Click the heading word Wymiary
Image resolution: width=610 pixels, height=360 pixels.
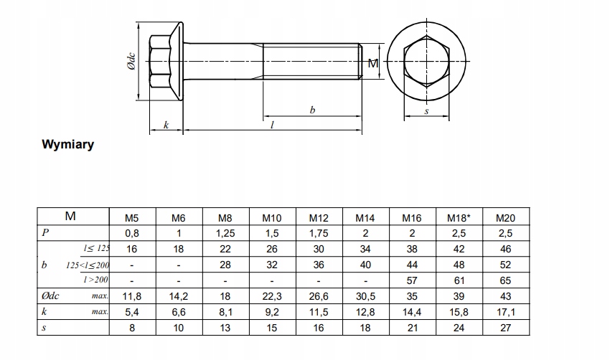pos(68,144)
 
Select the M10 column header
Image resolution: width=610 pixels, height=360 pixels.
pos(272,218)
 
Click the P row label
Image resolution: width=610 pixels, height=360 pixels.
pos(45,232)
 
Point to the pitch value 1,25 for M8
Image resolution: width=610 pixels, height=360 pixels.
pos(225,233)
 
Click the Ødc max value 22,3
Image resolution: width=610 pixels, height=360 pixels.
pos(272,296)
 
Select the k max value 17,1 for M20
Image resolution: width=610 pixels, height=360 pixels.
pos(505,312)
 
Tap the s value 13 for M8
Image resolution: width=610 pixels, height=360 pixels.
pos(225,328)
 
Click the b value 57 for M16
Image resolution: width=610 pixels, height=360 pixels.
pos(412,280)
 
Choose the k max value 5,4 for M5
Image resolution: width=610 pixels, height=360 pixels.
pos(132,312)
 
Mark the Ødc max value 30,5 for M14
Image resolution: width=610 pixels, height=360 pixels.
pos(365,296)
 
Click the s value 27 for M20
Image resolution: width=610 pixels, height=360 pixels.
pos(505,328)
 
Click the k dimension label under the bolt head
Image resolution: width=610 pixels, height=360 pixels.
pos(166,125)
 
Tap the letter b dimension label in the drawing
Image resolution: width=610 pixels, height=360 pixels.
pos(312,110)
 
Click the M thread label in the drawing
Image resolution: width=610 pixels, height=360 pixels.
pos(372,64)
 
